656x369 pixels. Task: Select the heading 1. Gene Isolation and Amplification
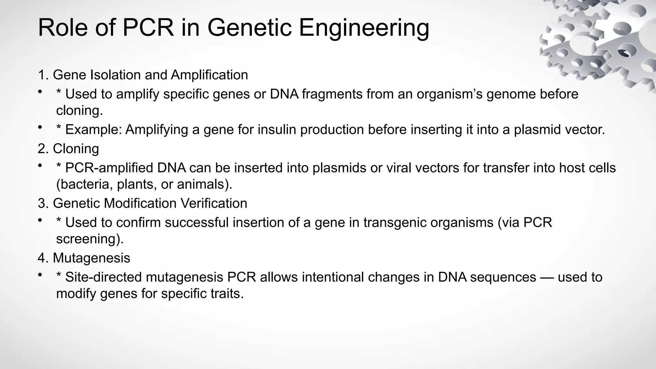click(x=143, y=75)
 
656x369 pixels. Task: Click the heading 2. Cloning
click(x=68, y=149)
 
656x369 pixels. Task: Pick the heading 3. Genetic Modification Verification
click(x=143, y=203)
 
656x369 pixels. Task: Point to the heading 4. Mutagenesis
click(x=84, y=258)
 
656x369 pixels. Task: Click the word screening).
click(x=90, y=239)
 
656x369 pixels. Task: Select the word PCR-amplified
click(x=109, y=168)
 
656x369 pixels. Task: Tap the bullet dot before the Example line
click(x=40, y=128)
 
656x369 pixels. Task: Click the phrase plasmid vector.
click(x=559, y=130)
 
